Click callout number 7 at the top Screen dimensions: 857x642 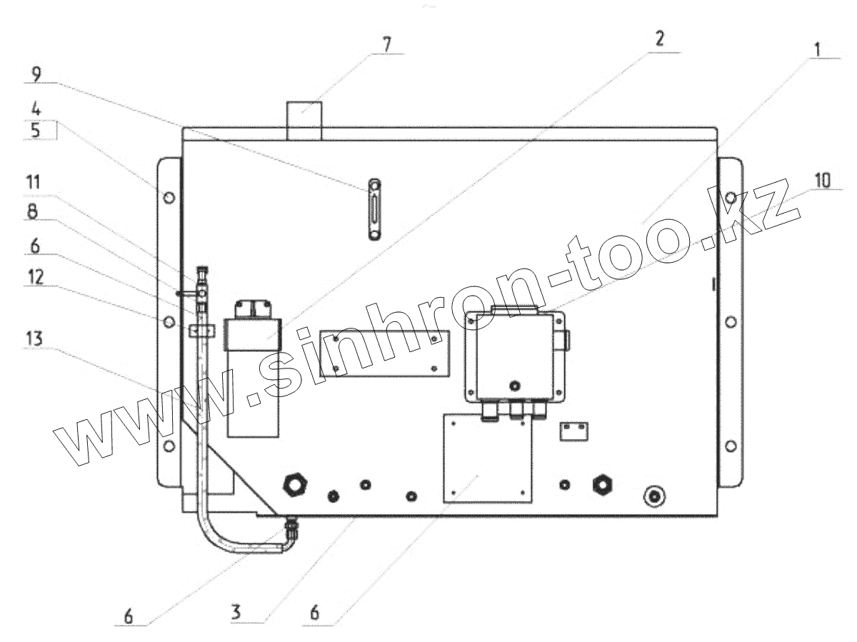click(x=386, y=44)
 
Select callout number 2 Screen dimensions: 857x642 click(x=659, y=39)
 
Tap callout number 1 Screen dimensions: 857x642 click(x=817, y=49)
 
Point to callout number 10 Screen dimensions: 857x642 click(x=822, y=180)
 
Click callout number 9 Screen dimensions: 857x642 click(x=36, y=74)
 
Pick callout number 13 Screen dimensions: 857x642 click(x=34, y=338)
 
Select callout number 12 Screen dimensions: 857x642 click(x=35, y=277)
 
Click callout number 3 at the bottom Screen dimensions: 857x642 click(x=236, y=612)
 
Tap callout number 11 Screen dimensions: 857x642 click(x=33, y=182)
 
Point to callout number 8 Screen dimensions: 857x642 click(x=33, y=212)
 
